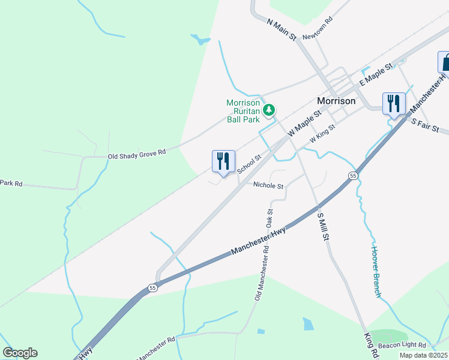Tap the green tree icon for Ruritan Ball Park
(x=270, y=109)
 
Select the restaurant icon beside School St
(x=223, y=161)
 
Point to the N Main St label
(x=282, y=29)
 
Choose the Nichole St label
(x=268, y=186)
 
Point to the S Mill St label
(x=323, y=226)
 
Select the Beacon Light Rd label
(x=402, y=346)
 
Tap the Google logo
(x=20, y=353)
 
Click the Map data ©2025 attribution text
(x=423, y=355)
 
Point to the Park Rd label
(x=11, y=183)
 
